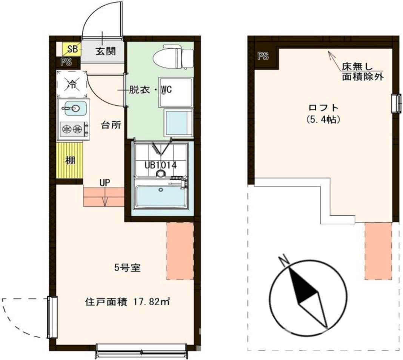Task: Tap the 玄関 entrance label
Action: (105, 51)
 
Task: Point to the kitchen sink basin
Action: (72, 109)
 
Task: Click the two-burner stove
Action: (73, 130)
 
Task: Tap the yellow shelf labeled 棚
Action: (70, 160)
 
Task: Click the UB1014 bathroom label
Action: (161, 165)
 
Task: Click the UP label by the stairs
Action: (105, 182)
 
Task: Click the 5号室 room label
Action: (128, 268)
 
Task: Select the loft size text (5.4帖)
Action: (322, 120)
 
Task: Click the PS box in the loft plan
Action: (263, 57)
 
